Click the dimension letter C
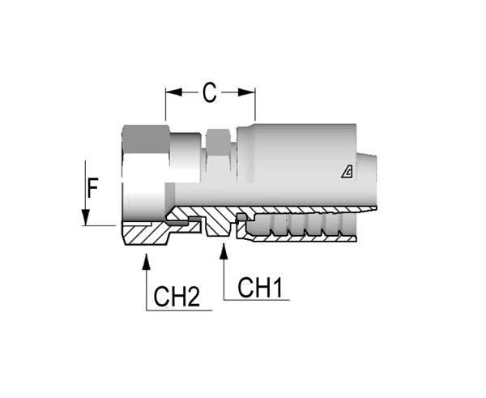[210, 92]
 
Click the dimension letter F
[92, 188]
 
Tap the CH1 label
[260, 288]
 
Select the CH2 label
[177, 297]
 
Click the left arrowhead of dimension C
[173, 92]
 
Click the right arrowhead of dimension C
[247, 92]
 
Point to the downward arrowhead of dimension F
[86, 217]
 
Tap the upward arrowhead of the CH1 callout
[224, 251]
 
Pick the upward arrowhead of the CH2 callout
[147, 262]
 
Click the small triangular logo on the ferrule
[347, 172]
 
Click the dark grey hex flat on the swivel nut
[147, 139]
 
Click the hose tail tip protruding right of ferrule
[367, 181]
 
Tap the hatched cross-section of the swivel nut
[146, 233]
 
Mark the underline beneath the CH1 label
[257, 300]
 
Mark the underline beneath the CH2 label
[179, 310]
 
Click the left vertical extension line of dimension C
[165, 104]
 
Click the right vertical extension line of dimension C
[255, 104]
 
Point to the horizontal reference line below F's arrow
[99, 225]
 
